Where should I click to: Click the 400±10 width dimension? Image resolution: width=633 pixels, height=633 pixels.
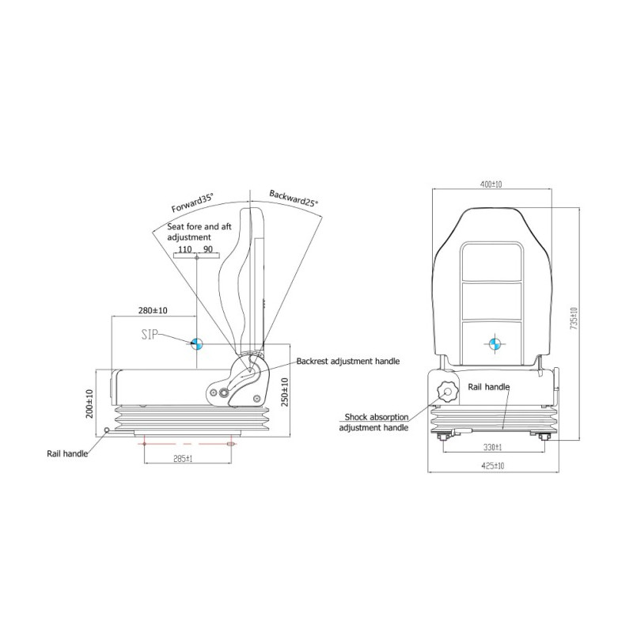491,184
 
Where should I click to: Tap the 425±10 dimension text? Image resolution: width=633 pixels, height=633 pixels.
491,467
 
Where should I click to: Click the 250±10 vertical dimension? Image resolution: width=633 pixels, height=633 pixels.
285,392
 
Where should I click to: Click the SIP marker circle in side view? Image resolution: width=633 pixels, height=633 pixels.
196,343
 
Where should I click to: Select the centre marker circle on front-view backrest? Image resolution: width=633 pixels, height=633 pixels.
492,343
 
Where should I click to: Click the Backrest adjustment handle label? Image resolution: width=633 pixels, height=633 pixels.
347,361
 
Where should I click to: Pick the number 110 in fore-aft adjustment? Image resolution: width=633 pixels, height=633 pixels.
184,249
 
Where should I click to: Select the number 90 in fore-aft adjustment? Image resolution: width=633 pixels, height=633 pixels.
208,249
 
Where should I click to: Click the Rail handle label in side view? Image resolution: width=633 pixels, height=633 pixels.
66,453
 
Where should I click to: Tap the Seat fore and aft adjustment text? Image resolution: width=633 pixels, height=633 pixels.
199,231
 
